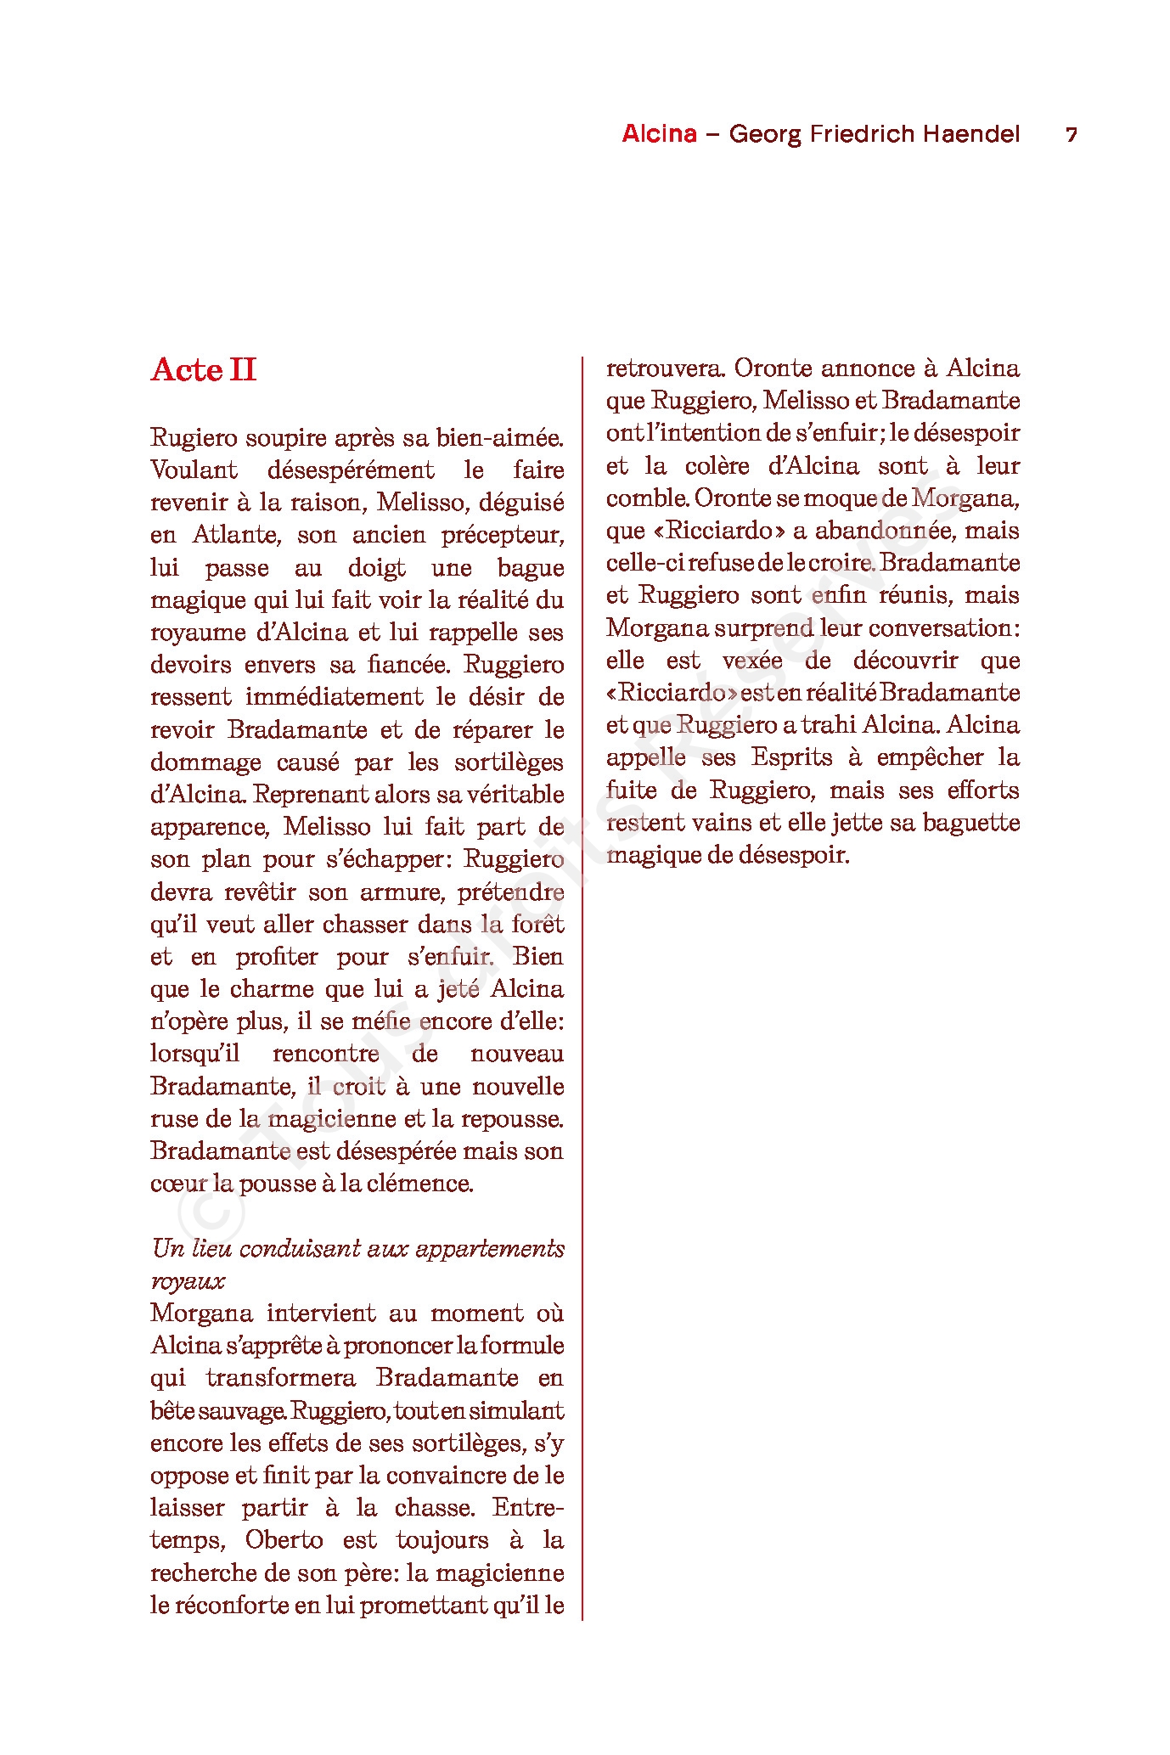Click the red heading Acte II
(x=204, y=370)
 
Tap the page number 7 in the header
(x=1072, y=134)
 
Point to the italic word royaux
(x=188, y=1281)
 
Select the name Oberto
(x=284, y=1540)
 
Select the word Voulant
(x=194, y=470)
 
